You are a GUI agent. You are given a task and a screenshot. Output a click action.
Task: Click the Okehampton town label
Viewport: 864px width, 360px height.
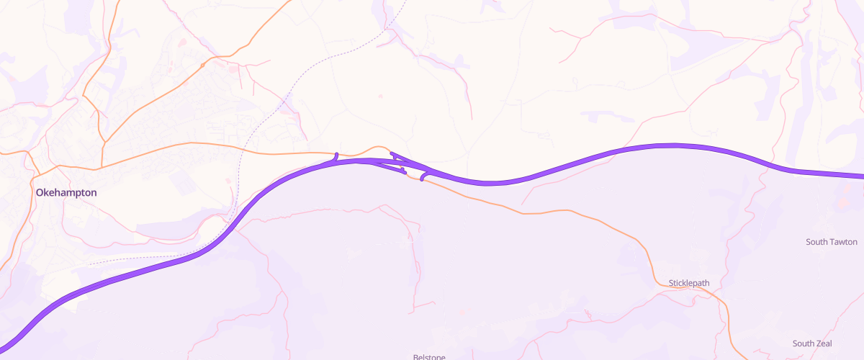pos(66,193)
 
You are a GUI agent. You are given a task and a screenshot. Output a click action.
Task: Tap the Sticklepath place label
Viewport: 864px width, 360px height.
pos(689,283)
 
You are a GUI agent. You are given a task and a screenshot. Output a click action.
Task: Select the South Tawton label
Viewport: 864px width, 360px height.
pos(832,242)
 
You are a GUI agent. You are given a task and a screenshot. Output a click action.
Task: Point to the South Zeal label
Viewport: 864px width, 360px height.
pos(812,343)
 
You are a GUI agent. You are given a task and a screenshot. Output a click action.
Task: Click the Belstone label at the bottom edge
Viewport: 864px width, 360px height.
pos(429,356)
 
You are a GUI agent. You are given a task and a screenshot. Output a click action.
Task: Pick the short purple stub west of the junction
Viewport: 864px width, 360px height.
pos(336,156)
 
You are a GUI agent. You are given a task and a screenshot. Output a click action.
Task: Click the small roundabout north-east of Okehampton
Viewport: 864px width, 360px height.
pos(203,66)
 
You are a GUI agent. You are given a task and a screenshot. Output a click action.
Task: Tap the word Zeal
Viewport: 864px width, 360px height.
pos(822,343)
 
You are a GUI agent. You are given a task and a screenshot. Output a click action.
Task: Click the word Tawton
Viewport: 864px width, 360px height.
pos(844,242)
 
